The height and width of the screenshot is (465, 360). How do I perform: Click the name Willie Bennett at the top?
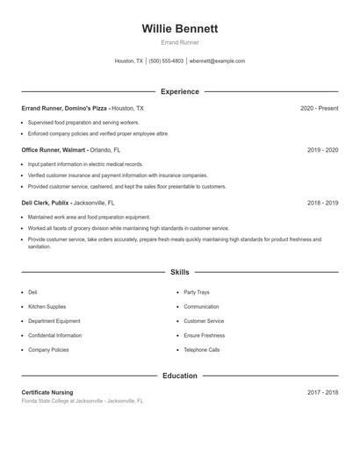coord(179,29)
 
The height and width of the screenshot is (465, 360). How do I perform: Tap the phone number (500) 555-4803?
coord(166,61)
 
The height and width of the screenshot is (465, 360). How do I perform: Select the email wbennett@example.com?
coord(218,61)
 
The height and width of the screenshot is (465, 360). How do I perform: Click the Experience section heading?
coord(179,91)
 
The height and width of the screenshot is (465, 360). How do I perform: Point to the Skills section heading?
coord(179,273)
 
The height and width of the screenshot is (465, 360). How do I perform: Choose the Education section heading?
coord(179,376)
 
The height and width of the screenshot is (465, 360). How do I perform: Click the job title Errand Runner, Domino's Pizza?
coord(65,108)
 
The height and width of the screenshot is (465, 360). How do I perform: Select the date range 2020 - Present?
coord(319,108)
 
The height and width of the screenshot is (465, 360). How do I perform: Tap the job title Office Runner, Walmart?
coord(59,150)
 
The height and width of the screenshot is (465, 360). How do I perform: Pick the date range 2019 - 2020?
coord(322,150)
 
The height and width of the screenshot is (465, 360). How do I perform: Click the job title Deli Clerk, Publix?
coord(53,203)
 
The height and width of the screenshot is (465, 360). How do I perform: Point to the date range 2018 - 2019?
coord(322,203)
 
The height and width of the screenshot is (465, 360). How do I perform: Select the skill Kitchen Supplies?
coord(47,307)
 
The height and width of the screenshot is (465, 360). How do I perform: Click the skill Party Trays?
coord(197,292)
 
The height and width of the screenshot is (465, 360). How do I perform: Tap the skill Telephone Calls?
coord(202,349)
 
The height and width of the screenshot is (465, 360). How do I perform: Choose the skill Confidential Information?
coord(54,335)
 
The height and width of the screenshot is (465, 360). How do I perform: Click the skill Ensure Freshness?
coord(204,335)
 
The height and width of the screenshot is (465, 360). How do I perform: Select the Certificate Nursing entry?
coord(47,392)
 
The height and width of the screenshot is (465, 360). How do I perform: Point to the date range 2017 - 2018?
coord(322,392)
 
